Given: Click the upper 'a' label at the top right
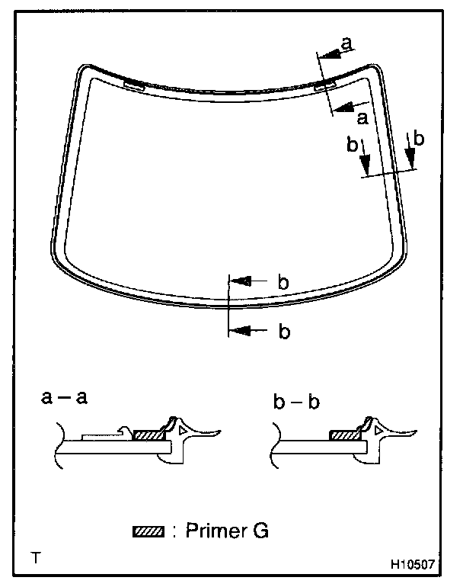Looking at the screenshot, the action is [346, 45].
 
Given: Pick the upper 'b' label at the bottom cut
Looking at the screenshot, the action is [283, 282].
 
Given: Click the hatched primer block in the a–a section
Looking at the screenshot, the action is [148, 435].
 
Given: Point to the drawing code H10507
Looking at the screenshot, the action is [412, 566].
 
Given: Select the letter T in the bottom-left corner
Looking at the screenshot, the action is [36, 556].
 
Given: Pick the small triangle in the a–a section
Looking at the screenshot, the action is [183, 431].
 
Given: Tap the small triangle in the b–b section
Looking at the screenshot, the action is [378, 431].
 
